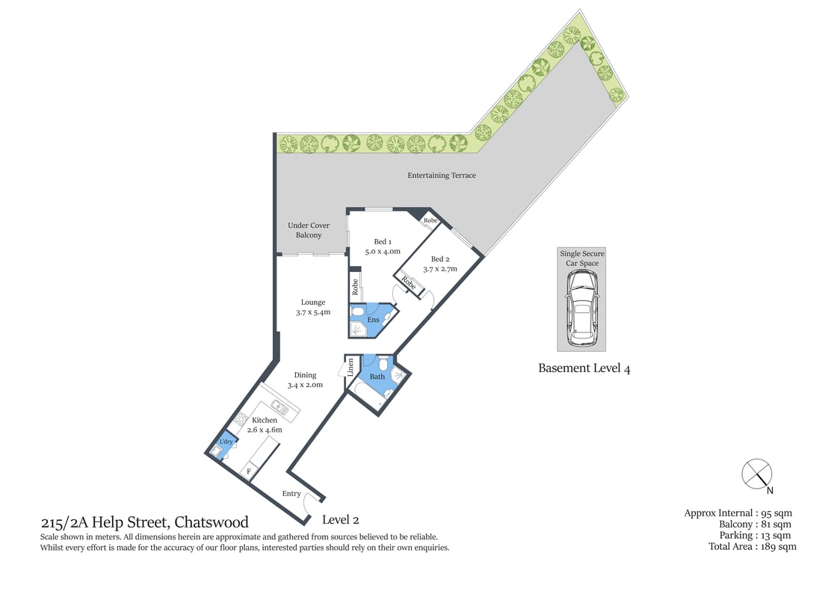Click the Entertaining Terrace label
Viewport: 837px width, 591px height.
tap(441, 176)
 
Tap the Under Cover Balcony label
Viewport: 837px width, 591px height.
tap(309, 230)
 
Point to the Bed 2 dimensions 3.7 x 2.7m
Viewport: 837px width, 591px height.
tap(439, 269)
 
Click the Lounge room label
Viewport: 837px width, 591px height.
tap(313, 303)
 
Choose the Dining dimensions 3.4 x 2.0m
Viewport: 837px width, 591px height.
tap(305, 385)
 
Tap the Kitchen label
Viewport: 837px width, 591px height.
tap(265, 420)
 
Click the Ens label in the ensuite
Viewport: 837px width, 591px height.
tap(373, 320)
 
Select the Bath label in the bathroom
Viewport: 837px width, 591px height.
tap(377, 377)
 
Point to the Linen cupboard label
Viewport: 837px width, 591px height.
tap(350, 367)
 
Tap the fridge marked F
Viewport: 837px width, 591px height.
tap(250, 471)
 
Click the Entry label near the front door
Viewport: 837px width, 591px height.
tap(291, 494)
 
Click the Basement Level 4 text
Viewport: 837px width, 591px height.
tap(584, 368)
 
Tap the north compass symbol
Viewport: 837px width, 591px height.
tap(756, 474)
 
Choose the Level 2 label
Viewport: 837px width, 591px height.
tap(341, 519)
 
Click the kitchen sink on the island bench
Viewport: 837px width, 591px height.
tap(280, 407)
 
